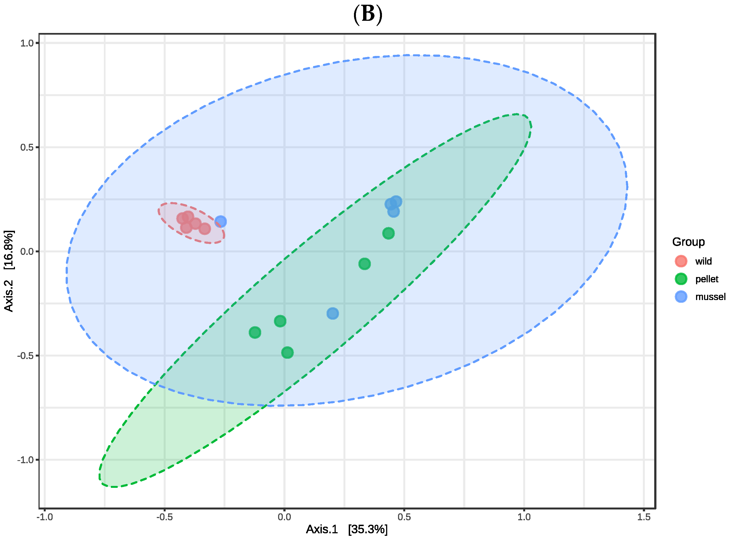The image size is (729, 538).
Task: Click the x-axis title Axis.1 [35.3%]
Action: click(x=346, y=529)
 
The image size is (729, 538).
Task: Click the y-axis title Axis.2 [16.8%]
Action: click(x=9, y=271)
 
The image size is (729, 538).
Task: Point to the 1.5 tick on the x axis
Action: click(x=644, y=517)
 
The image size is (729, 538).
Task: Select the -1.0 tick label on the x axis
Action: click(x=45, y=517)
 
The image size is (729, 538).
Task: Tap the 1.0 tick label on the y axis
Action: click(x=27, y=43)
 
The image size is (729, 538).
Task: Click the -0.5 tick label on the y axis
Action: click(x=26, y=355)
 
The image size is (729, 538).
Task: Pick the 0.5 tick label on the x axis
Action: click(x=404, y=517)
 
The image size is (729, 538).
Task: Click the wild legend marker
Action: click(x=681, y=261)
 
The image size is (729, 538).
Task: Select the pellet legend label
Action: click(x=707, y=279)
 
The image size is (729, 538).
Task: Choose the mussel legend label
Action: click(x=710, y=297)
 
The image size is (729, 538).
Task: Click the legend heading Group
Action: click(x=688, y=242)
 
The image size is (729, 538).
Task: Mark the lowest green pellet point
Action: click(x=287, y=352)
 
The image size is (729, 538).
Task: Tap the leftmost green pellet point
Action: click(x=255, y=332)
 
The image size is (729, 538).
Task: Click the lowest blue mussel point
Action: click(x=332, y=314)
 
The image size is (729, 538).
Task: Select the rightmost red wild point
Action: click(x=204, y=229)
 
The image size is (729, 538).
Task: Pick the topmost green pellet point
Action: click(x=388, y=233)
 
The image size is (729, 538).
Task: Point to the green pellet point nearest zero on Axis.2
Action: click(x=364, y=264)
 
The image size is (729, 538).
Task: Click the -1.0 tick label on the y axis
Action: click(x=26, y=460)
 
